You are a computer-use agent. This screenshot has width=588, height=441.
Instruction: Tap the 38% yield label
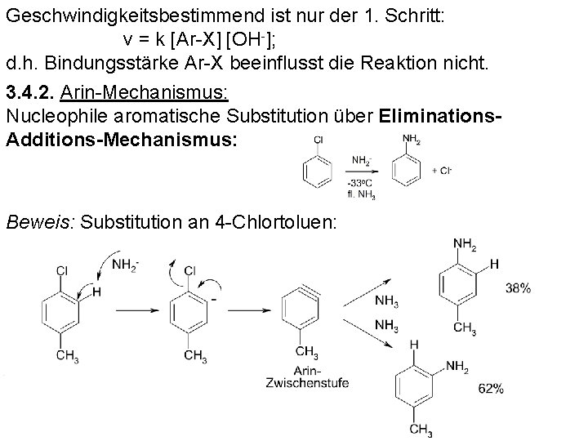[x=518, y=288]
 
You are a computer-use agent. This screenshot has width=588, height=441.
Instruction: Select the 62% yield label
[x=491, y=390]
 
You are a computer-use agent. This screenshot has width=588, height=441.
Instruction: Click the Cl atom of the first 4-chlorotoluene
[x=62, y=270]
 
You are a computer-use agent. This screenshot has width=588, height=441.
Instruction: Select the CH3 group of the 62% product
[x=421, y=430]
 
